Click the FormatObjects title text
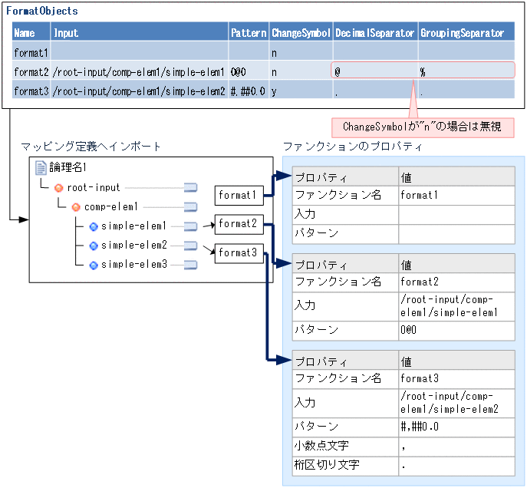click(x=41, y=12)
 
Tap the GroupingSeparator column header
click(x=463, y=33)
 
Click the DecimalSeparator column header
click(x=374, y=33)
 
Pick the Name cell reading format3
click(x=31, y=91)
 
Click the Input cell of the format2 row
click(x=139, y=71)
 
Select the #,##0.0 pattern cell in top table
click(x=248, y=91)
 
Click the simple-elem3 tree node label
click(x=133, y=265)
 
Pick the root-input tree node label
click(x=94, y=187)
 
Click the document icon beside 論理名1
click(x=41, y=167)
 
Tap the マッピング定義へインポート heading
click(x=91, y=147)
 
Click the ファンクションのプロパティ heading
click(x=352, y=147)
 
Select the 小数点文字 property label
click(x=321, y=445)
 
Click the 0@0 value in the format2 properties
click(x=409, y=329)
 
